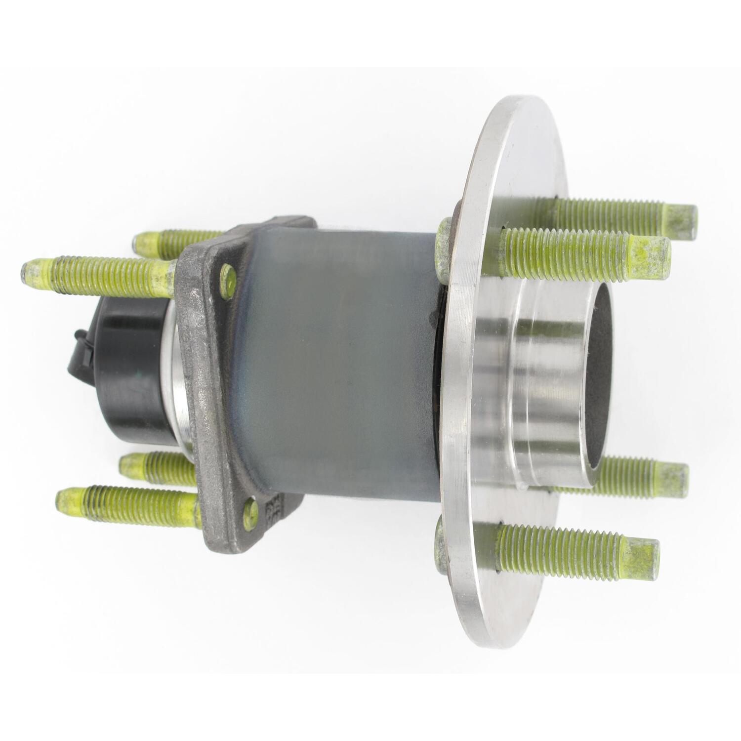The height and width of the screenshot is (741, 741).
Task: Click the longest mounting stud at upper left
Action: pos(99,275)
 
